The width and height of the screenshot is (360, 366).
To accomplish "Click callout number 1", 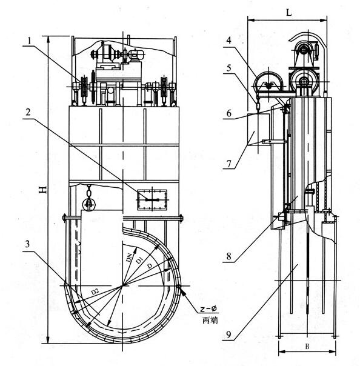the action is [x=30, y=41].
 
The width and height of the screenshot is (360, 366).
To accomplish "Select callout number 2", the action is [x=28, y=112].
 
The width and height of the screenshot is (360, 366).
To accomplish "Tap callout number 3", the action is [x=28, y=244].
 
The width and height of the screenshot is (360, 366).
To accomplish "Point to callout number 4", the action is [x=229, y=40].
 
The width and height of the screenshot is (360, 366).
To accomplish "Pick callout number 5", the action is [x=229, y=68].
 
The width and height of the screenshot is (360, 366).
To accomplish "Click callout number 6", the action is [x=229, y=113].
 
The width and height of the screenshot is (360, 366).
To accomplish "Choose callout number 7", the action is [x=229, y=164].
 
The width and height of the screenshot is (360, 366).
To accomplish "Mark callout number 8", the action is [x=229, y=256].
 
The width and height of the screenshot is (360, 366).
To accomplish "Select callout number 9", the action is [x=229, y=334].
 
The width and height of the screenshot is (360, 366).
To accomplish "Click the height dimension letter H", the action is [x=43, y=190].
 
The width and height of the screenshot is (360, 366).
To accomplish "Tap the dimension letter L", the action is [x=289, y=12].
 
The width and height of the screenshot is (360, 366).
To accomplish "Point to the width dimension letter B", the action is [x=307, y=347].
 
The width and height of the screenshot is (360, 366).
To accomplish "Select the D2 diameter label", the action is [x=95, y=291].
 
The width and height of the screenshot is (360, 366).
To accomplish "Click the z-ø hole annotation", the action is [x=208, y=309].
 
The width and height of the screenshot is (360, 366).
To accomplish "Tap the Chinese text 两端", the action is [x=210, y=320].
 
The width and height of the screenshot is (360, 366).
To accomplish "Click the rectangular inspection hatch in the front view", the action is [x=152, y=200].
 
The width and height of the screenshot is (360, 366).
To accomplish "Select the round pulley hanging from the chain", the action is [x=88, y=204].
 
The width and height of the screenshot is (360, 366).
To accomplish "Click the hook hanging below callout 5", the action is [x=258, y=106].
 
